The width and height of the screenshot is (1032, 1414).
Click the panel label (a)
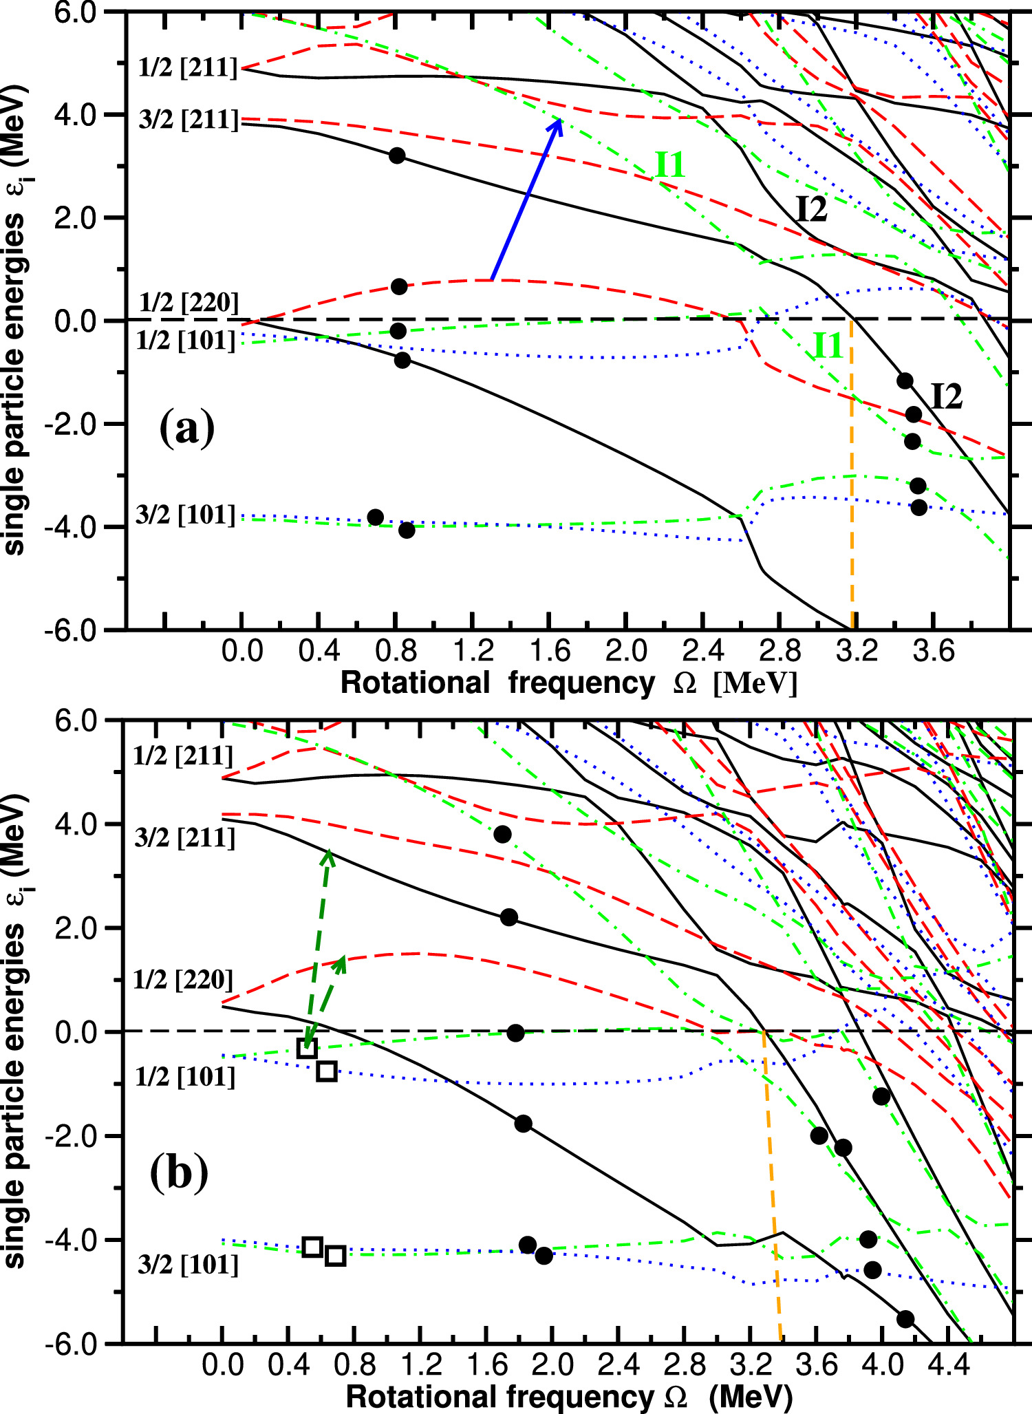[186, 428]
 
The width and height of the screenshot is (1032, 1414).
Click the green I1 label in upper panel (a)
[669, 166]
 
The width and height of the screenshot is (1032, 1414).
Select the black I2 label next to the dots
[946, 396]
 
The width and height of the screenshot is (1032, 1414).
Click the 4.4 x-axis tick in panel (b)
[948, 1363]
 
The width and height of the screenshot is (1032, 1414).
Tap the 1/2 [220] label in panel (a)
[189, 303]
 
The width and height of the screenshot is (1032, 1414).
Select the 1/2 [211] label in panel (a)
[187, 68]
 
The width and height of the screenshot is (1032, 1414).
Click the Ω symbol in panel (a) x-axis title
[685, 684]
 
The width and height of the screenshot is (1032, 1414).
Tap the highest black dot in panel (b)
[502, 835]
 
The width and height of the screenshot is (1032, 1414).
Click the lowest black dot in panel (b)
[905, 1318]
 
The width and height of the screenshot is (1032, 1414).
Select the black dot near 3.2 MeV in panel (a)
[397, 156]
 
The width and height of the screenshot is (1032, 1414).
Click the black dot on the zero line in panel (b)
[515, 1033]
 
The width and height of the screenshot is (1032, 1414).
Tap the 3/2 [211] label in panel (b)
[185, 838]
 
